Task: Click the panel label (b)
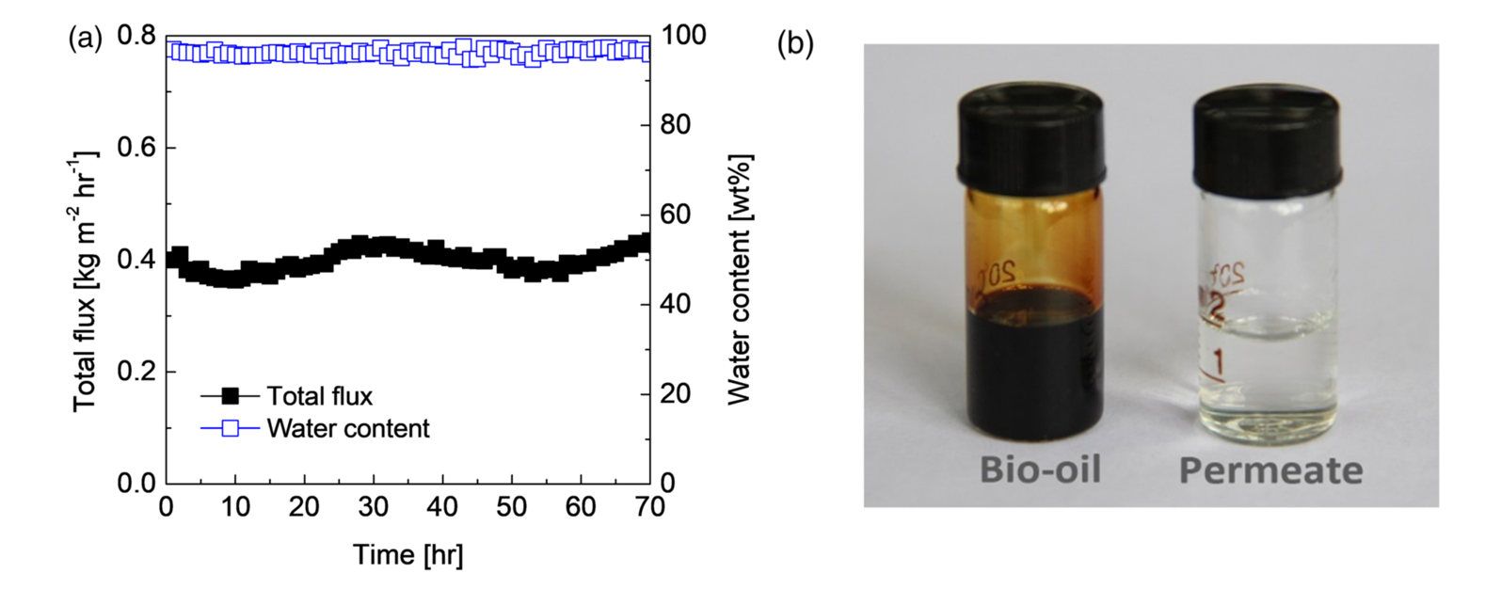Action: click(x=794, y=44)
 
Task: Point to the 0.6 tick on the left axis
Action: click(x=136, y=148)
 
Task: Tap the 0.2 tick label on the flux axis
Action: click(x=136, y=372)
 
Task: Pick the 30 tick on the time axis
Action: click(x=373, y=507)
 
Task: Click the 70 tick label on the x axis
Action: click(x=649, y=507)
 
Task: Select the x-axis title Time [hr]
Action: click(x=407, y=554)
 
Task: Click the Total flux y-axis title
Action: click(x=87, y=280)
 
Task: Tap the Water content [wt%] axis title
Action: click(x=740, y=280)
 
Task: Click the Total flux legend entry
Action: click(x=319, y=396)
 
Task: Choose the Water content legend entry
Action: click(x=347, y=429)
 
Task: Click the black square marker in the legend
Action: click(x=230, y=396)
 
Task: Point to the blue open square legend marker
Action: click(x=230, y=429)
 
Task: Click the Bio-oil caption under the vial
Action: click(x=1039, y=469)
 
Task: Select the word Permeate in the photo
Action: click(x=1270, y=470)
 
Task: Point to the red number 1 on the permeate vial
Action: click(x=1219, y=360)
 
